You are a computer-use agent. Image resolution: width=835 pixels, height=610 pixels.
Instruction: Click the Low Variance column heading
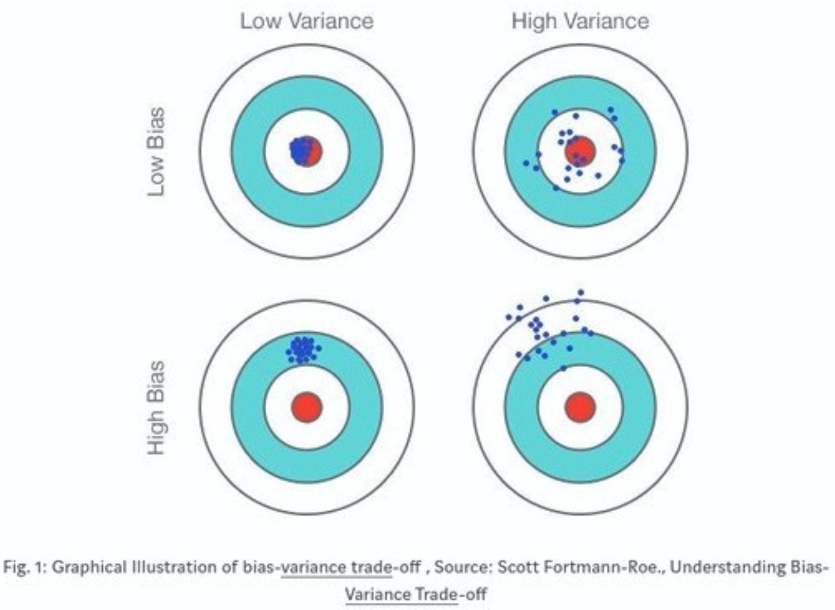[307, 21]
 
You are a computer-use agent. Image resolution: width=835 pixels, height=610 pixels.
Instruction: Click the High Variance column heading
[580, 21]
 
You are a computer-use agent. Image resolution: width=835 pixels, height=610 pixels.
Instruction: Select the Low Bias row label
[156, 151]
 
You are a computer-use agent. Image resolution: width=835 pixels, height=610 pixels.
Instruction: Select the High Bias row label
[156, 408]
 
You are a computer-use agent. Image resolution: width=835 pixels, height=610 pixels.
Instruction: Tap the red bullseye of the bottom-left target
[307, 407]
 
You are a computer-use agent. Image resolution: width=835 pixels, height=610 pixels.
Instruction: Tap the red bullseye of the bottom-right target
[580, 407]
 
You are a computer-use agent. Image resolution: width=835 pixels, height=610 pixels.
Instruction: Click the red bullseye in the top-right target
[580, 151]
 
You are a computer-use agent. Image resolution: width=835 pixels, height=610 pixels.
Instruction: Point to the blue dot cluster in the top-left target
[302, 151]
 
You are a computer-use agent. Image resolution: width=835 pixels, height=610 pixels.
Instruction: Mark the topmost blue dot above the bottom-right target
[581, 293]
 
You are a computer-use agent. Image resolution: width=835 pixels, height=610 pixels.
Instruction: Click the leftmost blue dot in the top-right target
[526, 163]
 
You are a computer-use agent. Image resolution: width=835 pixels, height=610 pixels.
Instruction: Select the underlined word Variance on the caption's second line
[378, 594]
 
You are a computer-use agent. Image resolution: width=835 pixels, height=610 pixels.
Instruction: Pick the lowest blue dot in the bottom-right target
[564, 368]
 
